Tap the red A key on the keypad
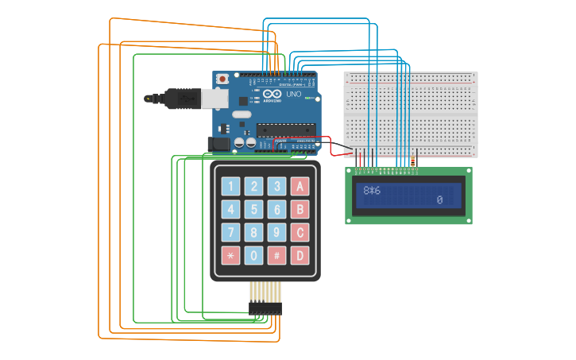point(300,187)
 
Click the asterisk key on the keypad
point(230,256)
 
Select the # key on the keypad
point(276,256)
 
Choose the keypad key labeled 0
point(253,256)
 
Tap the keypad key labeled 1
point(230,187)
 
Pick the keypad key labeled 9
point(276,233)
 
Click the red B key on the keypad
point(300,210)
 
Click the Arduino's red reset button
point(222,79)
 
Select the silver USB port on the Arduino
point(214,98)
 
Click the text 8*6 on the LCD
point(372,191)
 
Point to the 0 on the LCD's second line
point(439,200)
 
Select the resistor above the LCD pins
point(412,161)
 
